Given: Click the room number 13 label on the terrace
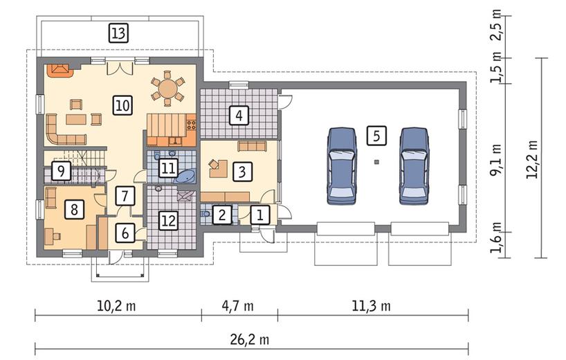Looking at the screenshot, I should [118, 32].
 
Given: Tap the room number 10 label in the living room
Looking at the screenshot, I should [122, 105].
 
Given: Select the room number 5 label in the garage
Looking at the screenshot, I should [376, 135].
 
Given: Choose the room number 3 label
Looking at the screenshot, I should [240, 170].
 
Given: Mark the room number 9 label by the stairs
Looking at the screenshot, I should [62, 170].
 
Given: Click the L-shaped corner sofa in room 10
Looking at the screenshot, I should [59, 129].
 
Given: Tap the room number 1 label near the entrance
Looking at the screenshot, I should [259, 215].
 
